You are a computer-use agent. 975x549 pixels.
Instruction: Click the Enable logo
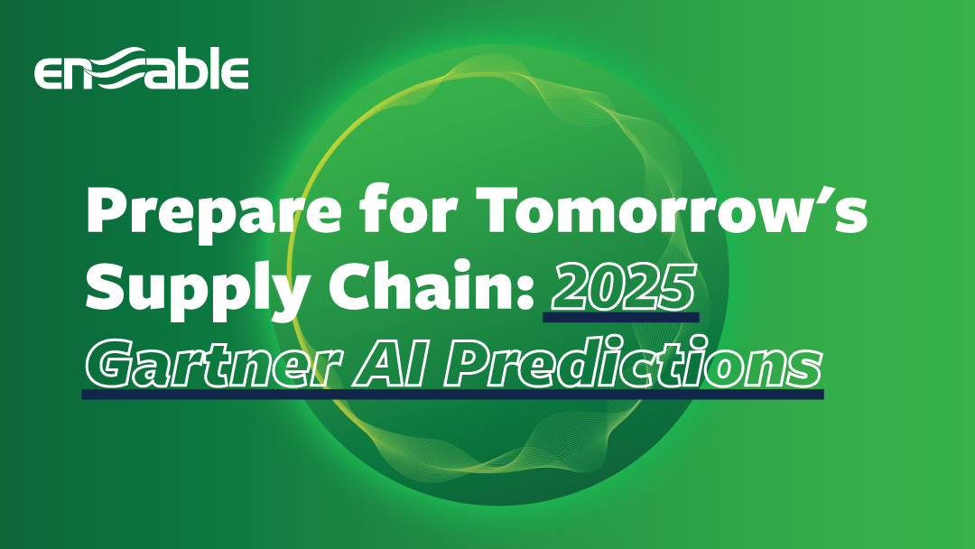141,69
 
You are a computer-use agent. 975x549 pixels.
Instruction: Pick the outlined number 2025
624,286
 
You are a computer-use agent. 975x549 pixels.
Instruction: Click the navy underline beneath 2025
621,318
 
